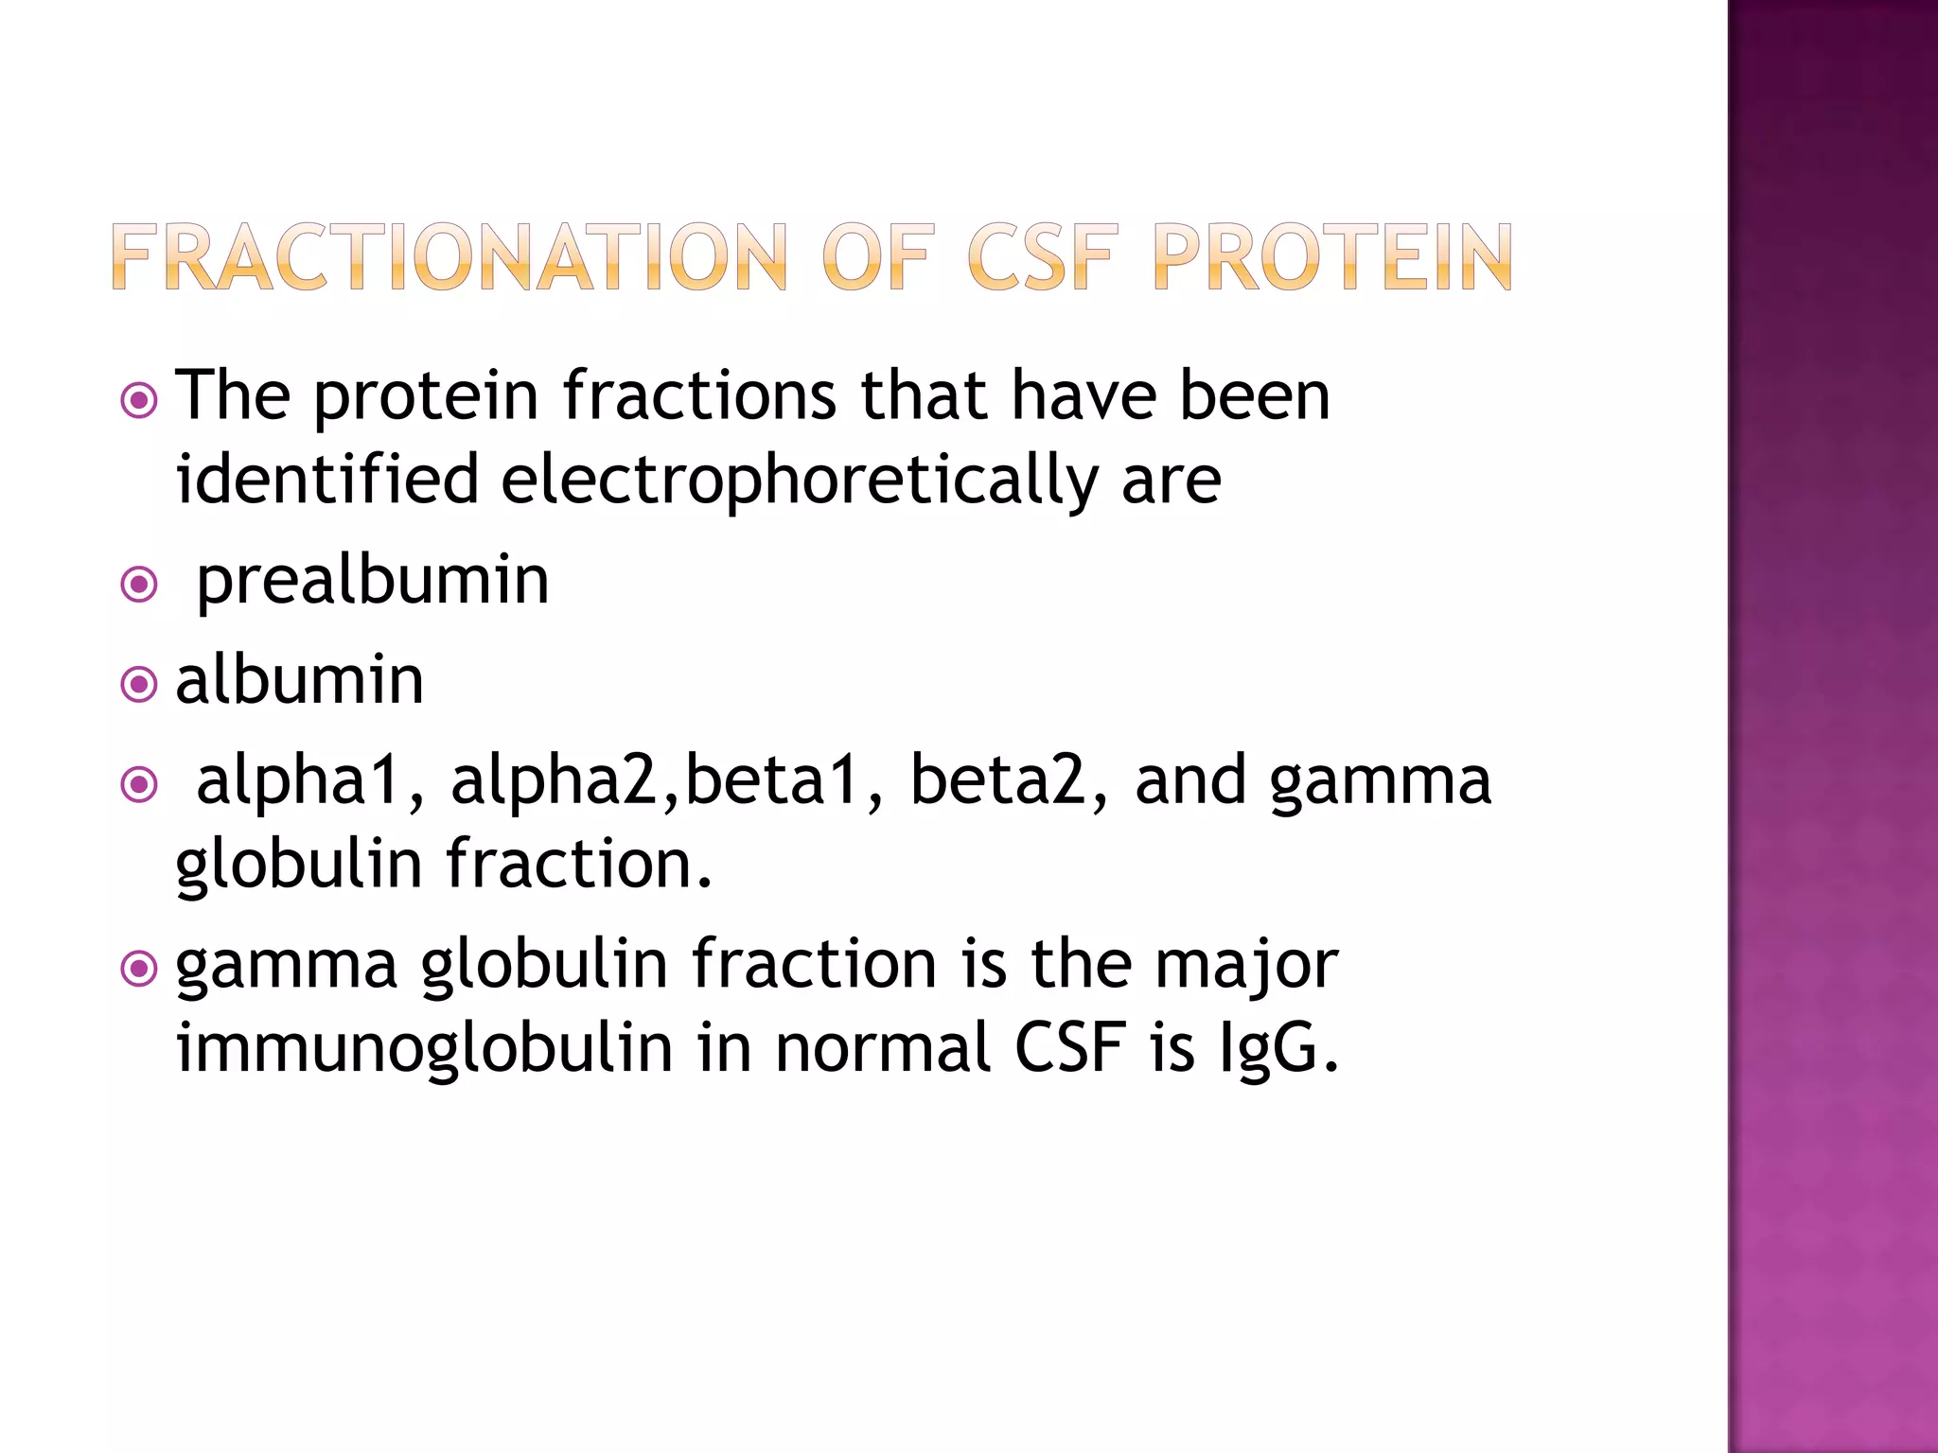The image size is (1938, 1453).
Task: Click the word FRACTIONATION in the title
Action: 449,257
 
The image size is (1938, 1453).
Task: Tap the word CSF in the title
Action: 1041,257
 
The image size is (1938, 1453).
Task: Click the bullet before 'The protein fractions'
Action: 139,401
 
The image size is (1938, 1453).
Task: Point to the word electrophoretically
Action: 800,481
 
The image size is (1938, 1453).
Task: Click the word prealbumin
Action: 372,581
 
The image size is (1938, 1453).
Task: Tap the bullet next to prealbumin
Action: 139,585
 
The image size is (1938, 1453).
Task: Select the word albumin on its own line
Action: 299,680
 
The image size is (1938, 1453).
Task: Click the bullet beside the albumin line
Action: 139,684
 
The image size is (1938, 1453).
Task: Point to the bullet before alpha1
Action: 139,784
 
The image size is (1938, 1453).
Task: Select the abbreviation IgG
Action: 1278,1048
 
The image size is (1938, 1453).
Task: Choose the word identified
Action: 327,479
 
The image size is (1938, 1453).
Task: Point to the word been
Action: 1254,395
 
